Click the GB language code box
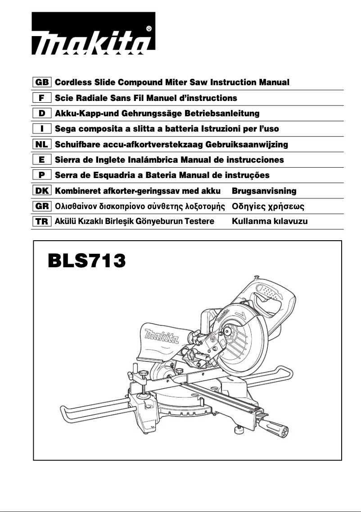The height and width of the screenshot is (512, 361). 42,82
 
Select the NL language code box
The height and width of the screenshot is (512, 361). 42,144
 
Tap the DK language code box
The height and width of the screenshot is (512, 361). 42,191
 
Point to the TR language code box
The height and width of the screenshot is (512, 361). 42,221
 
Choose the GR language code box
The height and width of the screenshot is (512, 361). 42,206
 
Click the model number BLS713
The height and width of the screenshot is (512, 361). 86,261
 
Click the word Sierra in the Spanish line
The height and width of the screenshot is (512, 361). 67,160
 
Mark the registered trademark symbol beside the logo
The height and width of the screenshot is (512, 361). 149,28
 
